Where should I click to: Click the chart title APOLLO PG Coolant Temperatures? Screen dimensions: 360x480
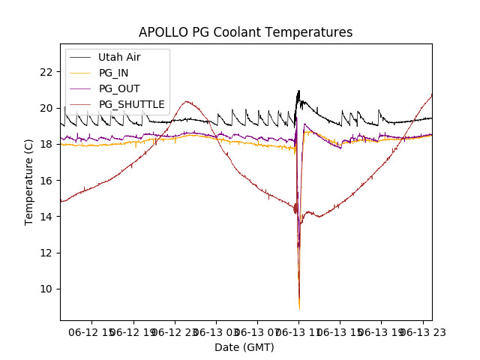(x=245, y=32)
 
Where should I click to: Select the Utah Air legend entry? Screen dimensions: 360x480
(x=118, y=57)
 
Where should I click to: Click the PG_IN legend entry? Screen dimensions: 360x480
(x=113, y=73)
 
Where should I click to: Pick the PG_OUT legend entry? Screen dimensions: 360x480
(x=118, y=88)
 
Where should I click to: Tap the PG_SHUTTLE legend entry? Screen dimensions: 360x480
(x=131, y=104)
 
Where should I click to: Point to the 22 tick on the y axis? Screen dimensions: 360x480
(x=46, y=72)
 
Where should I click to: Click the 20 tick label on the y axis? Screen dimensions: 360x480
(x=46, y=108)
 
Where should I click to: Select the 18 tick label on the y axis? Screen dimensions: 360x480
(x=46, y=144)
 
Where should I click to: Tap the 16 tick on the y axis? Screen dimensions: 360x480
(x=46, y=181)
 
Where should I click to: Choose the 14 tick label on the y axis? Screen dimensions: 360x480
(x=46, y=217)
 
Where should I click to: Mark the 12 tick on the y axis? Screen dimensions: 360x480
(x=46, y=253)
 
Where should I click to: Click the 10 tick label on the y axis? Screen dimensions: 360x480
(x=46, y=289)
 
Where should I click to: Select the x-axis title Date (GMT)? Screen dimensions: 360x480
(x=244, y=347)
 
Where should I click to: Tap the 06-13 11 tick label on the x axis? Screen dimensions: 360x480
(x=299, y=331)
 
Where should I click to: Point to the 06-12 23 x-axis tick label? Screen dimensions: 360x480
(x=175, y=331)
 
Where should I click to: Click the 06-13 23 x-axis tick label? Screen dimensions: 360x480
(x=422, y=331)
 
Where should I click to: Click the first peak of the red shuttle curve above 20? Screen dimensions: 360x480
(x=187, y=101)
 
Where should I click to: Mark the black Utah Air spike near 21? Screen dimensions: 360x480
(x=298, y=91)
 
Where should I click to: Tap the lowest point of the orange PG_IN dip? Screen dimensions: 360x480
(x=299, y=308)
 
